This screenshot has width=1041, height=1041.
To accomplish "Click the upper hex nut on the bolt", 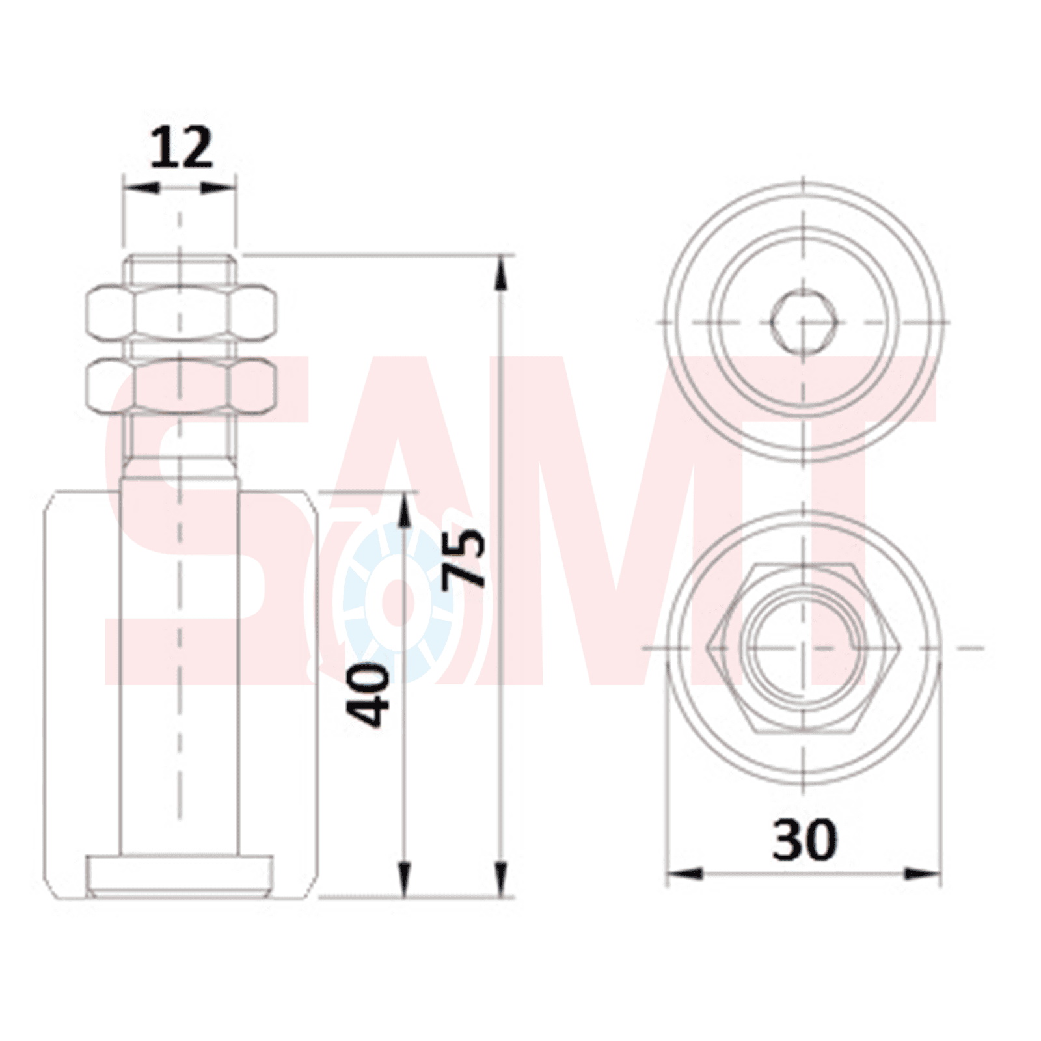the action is [x=182, y=314].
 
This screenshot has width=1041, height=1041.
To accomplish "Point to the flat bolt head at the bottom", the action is [x=179, y=876].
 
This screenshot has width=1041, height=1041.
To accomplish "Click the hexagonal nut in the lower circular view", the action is [x=805, y=648].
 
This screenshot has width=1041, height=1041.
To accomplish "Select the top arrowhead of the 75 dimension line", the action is [x=502, y=272].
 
